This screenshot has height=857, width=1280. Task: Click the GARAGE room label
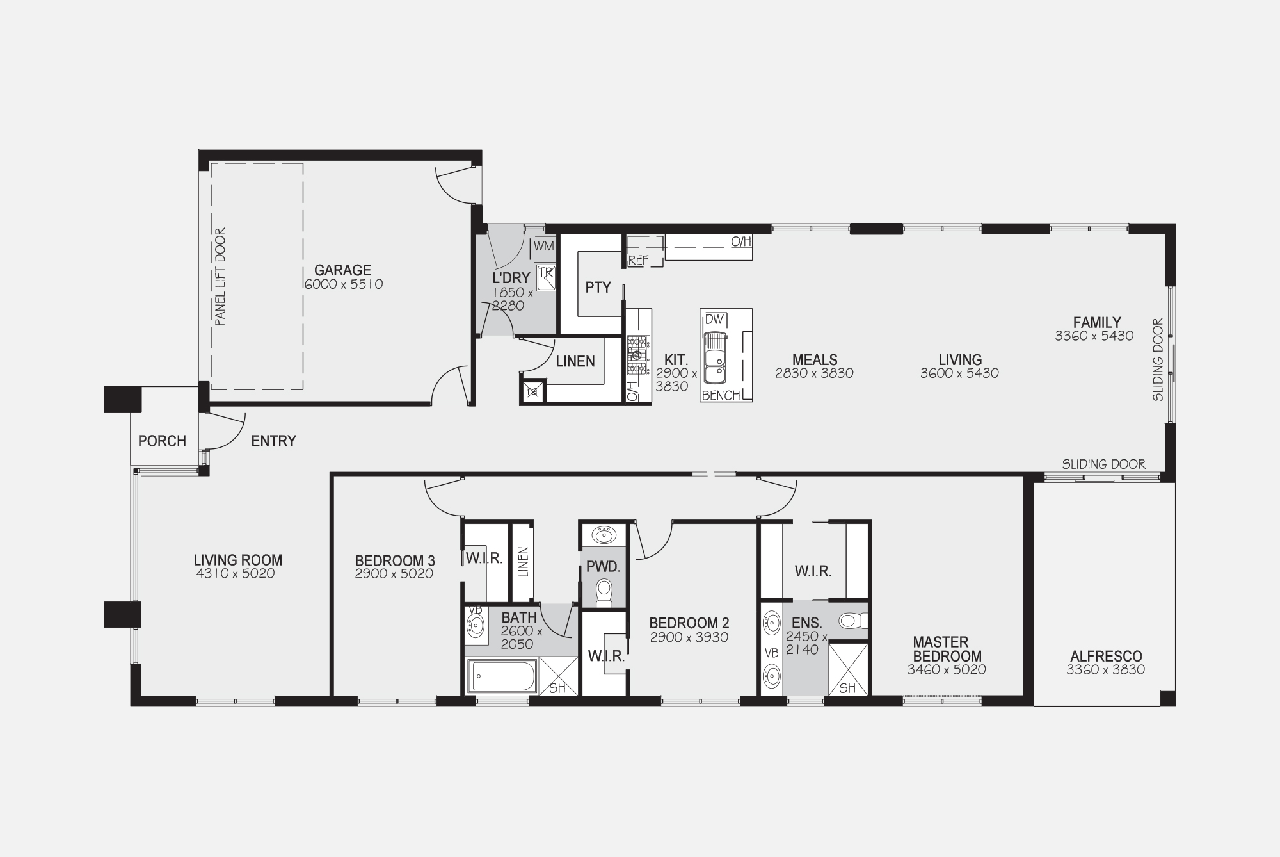342,270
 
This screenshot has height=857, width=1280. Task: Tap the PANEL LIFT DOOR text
220,277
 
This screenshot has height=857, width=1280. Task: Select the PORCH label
162,441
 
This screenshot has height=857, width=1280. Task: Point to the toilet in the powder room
604,593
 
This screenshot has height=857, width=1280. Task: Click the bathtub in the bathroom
502,676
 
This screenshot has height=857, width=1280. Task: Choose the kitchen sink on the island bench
715,357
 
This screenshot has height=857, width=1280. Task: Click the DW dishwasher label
714,319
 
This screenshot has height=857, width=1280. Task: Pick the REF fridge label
638,261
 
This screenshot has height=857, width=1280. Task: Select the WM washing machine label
543,246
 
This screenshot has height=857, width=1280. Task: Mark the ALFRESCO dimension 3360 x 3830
1105,670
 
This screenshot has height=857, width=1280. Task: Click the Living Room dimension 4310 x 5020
236,574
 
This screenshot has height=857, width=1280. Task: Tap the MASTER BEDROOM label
947,649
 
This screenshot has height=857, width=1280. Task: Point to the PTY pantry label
598,288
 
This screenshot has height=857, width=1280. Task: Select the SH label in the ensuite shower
847,689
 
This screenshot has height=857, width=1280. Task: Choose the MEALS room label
815,360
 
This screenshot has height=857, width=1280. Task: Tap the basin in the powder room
604,534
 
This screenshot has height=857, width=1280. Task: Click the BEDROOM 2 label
689,623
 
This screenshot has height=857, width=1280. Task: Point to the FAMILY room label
1097,322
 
